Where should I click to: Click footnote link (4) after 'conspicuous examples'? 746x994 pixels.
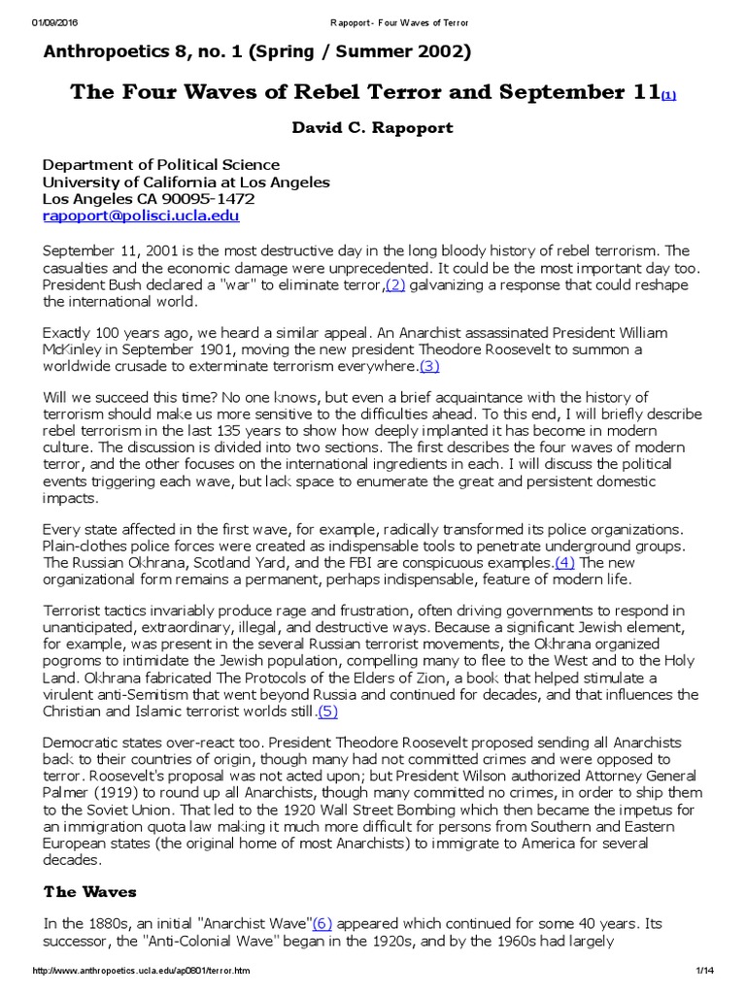(x=564, y=563)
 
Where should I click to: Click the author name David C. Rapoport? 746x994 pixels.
(x=373, y=128)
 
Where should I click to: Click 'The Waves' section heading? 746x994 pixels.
(x=90, y=891)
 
